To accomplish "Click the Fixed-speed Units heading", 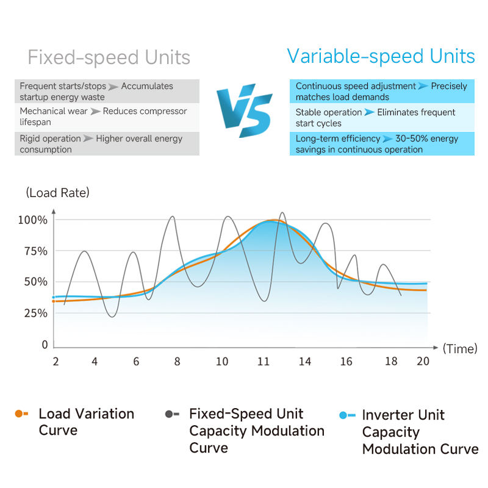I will [x=109, y=58].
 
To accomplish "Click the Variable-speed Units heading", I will [x=381, y=57].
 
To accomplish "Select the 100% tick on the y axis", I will [x=33, y=220].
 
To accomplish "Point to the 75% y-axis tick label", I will [x=35, y=251].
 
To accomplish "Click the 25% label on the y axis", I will [x=35, y=314].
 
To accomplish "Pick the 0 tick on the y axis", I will [x=45, y=345].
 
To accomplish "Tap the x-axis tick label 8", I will [x=177, y=362].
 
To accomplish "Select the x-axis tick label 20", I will [x=423, y=361].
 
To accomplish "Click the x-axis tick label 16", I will [x=346, y=362].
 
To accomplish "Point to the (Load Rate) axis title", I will [x=58, y=193].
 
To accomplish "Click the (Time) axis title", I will [x=459, y=348].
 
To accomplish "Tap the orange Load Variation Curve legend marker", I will [x=21, y=414].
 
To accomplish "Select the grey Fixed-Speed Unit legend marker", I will [x=171, y=414].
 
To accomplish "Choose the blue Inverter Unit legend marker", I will [x=346, y=415].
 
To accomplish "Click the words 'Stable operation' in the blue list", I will [x=329, y=113].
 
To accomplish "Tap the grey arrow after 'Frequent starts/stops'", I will [x=113, y=87].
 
